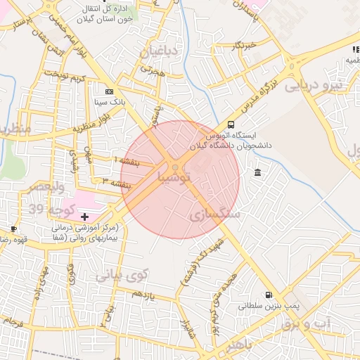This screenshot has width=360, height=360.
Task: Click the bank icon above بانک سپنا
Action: point(108,91)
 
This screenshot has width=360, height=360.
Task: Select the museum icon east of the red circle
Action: point(258,173)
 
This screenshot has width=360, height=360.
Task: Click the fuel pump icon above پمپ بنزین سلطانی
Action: point(268,295)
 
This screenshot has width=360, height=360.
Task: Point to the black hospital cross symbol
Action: point(85,217)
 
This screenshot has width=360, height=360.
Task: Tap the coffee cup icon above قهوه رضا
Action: point(13,229)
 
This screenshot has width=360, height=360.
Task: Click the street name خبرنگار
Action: point(228,46)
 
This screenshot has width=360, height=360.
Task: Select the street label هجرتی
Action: point(152,70)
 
